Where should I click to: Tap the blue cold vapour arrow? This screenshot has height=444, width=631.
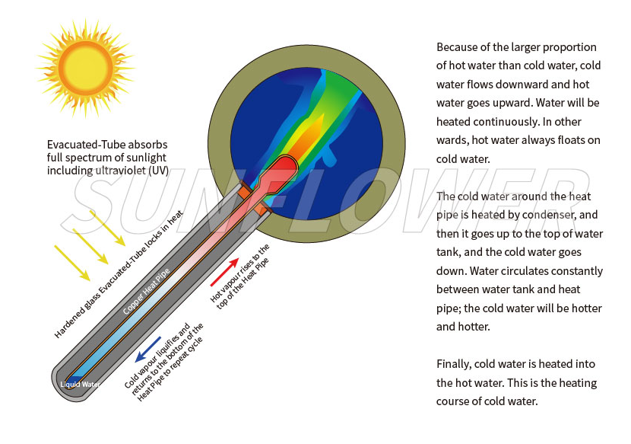click(147, 349)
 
